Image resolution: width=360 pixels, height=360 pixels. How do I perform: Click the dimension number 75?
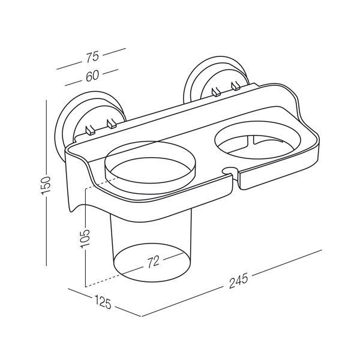point(92,57)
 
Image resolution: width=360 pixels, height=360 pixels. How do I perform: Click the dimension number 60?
point(92,76)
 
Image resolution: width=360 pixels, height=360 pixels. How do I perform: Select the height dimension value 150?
point(46,185)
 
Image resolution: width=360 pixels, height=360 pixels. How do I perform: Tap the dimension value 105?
point(85,239)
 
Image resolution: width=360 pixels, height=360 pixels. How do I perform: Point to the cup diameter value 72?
point(154,262)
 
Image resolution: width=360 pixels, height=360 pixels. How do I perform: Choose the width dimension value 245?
point(239,281)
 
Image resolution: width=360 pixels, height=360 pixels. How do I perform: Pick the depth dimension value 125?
point(103,302)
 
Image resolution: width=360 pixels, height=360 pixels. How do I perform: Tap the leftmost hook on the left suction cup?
point(90,130)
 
